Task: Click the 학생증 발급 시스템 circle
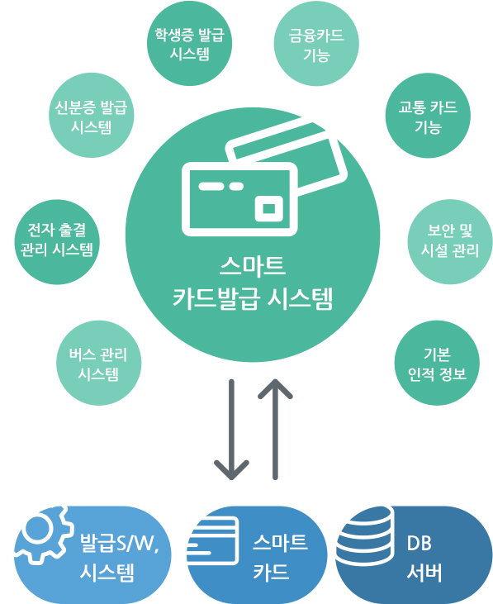(189, 44)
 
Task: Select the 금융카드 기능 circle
(316, 44)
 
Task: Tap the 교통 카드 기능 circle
(428, 115)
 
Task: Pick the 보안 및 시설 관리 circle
(450, 241)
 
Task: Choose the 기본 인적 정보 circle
(437, 363)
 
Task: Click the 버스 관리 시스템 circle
(99, 363)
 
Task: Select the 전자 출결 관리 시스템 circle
(57, 241)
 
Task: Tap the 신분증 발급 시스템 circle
(91, 115)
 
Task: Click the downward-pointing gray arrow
(231, 430)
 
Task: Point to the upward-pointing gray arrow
(275, 430)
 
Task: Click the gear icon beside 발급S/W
(43, 535)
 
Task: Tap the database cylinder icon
(365, 535)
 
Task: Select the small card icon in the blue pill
(212, 541)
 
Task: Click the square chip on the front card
(269, 208)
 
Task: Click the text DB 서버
(424, 558)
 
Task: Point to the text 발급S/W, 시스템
(119, 558)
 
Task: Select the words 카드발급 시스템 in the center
(253, 298)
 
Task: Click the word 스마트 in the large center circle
(253, 265)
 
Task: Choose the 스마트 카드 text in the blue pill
(280, 557)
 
